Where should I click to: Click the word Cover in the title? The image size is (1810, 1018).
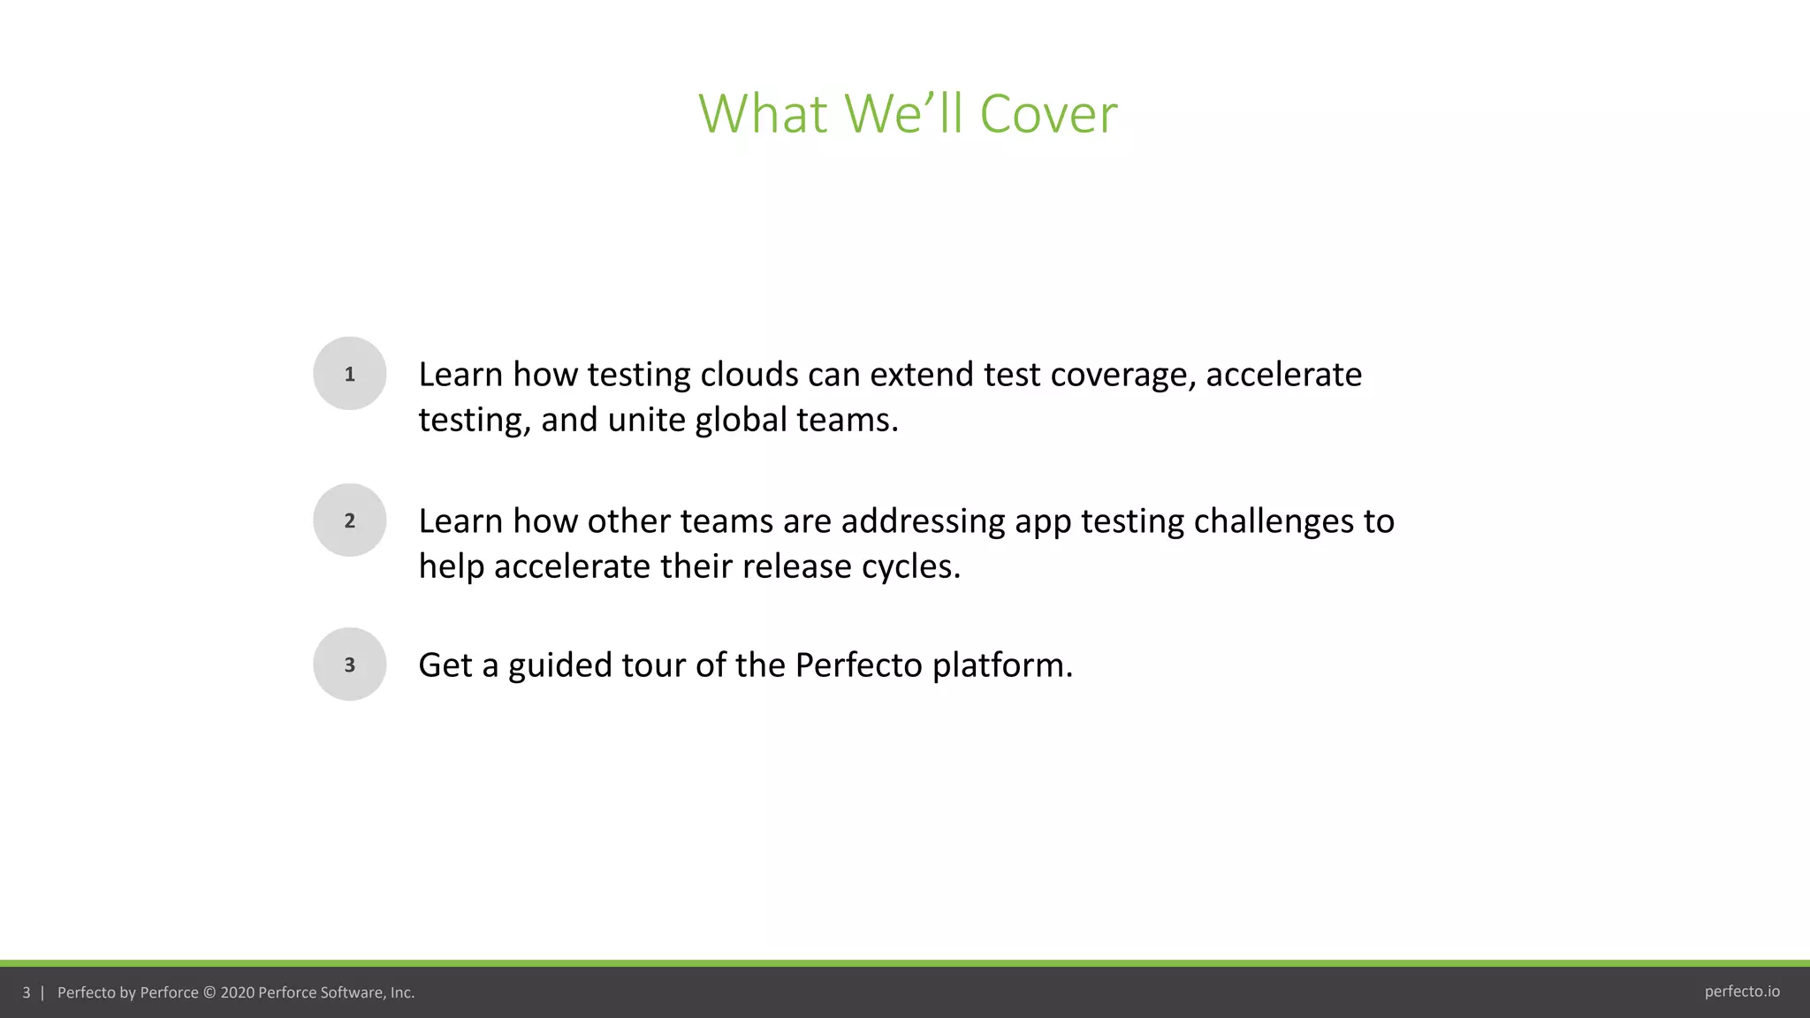[1048, 114]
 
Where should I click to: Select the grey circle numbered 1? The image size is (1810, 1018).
[350, 374]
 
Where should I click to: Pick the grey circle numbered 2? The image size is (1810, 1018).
[350, 520]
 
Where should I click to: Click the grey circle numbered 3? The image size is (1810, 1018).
[350, 665]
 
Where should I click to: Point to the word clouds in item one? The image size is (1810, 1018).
[749, 375]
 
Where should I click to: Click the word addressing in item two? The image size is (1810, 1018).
[923, 522]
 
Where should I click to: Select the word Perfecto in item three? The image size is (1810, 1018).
[858, 665]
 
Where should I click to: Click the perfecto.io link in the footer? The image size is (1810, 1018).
[1742, 991]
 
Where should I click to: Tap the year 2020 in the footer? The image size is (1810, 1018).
[237, 992]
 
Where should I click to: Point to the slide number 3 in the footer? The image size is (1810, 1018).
[27, 992]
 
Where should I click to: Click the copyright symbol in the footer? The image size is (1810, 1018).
[209, 992]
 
